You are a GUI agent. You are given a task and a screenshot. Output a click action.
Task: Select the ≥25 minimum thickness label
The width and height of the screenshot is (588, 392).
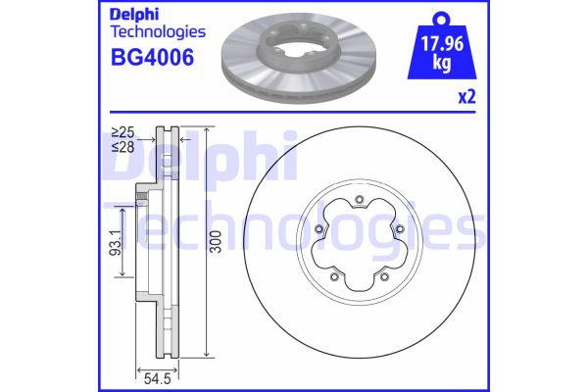(122, 131)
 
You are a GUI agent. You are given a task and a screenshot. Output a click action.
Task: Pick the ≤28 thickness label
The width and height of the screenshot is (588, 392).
(122, 146)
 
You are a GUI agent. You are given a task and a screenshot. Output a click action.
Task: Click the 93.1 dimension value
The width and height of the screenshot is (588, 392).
(114, 240)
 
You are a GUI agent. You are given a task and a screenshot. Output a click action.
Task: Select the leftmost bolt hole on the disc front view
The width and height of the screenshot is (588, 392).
(319, 230)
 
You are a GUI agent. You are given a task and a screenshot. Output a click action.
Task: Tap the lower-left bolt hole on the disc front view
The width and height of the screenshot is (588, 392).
(335, 277)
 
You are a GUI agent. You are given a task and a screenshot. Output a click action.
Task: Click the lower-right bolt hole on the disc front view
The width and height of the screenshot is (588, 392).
(385, 277)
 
